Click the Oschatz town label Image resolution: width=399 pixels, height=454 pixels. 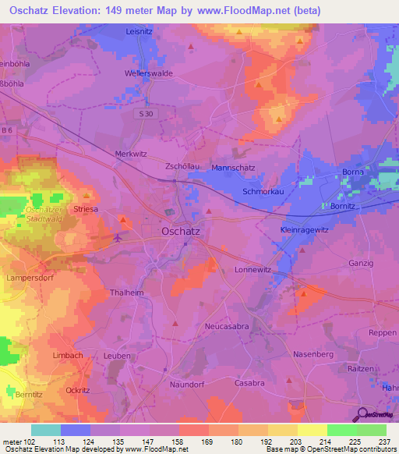(x=182, y=231)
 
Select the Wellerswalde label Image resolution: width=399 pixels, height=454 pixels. (x=148, y=73)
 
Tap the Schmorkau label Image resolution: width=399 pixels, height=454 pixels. (x=262, y=190)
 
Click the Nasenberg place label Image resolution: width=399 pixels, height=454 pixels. (x=313, y=354)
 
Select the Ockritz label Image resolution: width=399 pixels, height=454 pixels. (x=80, y=389)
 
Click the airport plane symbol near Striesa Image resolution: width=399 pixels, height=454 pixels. (x=118, y=238)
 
